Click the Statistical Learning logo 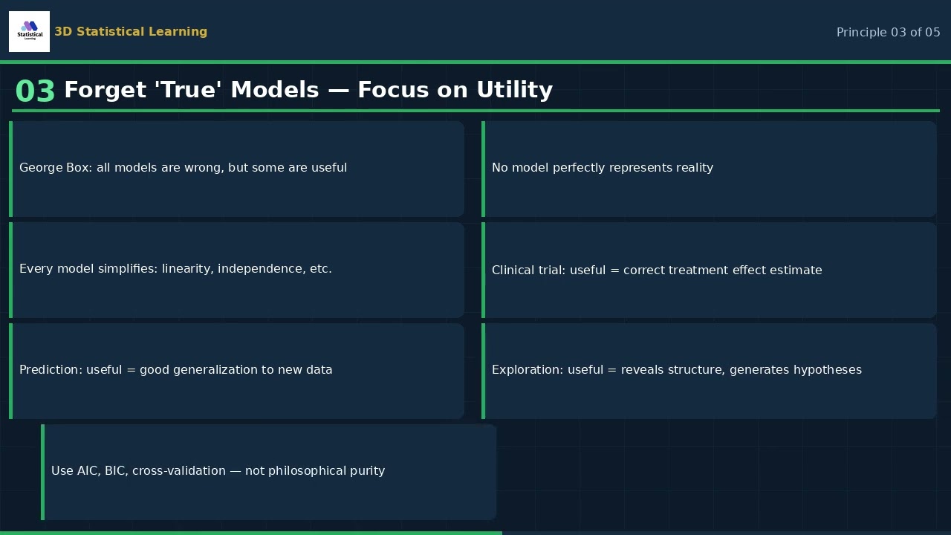(29, 31)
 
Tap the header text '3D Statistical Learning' (131, 32)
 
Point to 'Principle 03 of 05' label (888, 33)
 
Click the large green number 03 (35, 92)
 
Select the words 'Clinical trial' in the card (528, 270)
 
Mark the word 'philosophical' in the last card (311, 471)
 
